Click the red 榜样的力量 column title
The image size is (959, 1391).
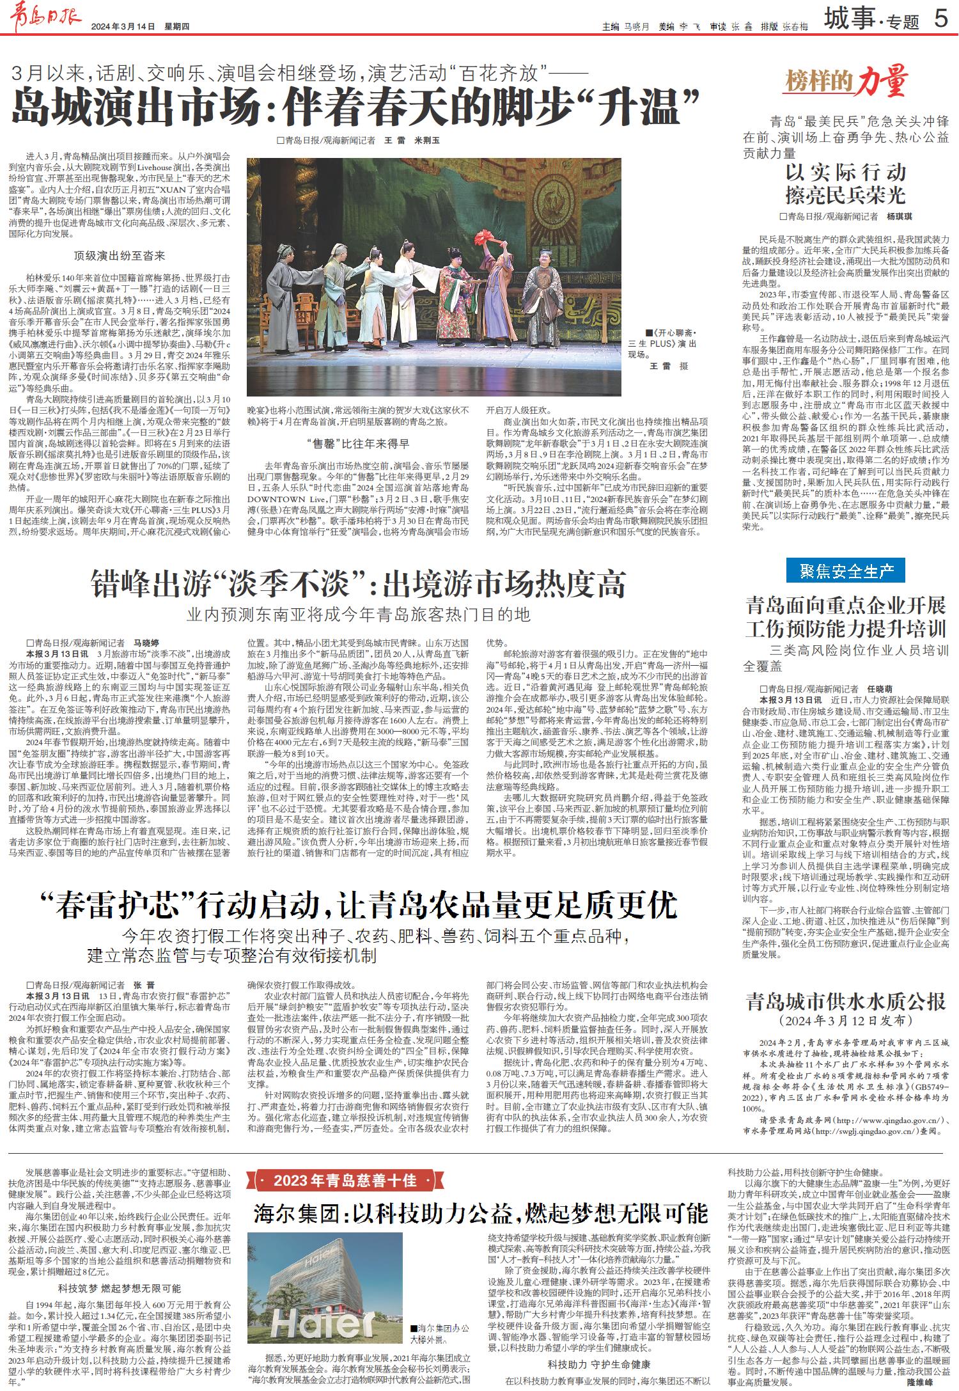click(x=846, y=81)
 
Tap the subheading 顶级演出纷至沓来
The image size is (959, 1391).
click(x=120, y=256)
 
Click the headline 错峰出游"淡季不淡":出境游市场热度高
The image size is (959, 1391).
click(x=357, y=583)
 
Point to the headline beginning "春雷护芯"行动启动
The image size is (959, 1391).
click(x=357, y=905)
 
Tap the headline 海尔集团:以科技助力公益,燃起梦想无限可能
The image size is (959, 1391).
click(x=480, y=1213)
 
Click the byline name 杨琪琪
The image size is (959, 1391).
click(x=900, y=216)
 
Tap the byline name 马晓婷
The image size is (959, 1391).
click(x=146, y=642)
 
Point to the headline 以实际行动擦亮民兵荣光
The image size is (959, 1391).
click(x=845, y=182)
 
